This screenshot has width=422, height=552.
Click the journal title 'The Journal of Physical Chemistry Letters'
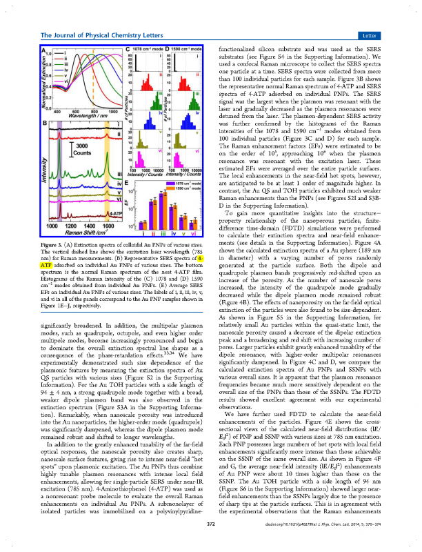(105, 34)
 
